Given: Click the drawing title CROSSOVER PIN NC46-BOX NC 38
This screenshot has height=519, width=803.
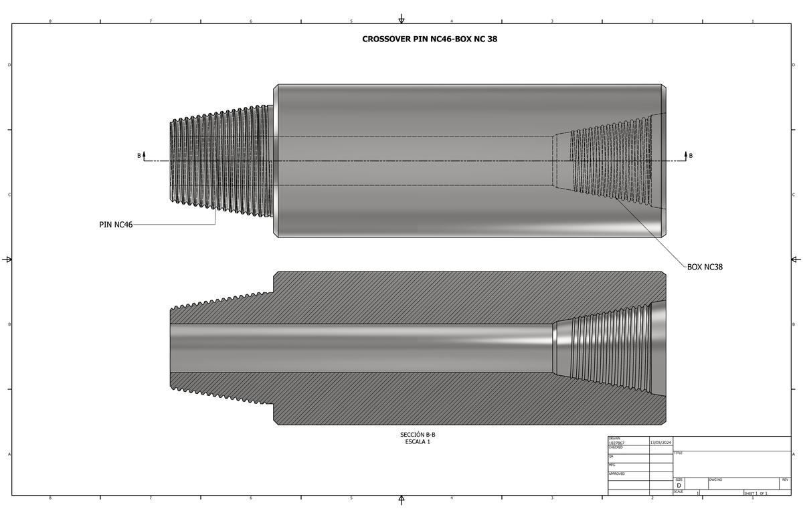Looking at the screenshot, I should pos(430,39).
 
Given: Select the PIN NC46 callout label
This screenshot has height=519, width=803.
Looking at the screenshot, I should pos(116,225).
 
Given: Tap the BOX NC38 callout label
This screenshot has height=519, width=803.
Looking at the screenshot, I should pos(705,267).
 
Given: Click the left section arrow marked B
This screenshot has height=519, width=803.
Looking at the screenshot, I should pos(142,156).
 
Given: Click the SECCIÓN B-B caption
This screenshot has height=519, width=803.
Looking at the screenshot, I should pos(418,435).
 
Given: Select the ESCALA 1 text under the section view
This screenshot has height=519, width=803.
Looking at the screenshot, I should pos(418,441).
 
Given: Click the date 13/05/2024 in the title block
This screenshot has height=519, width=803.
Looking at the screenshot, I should pos(661,443).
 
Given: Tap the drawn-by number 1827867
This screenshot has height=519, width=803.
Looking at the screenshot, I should pos(616,443).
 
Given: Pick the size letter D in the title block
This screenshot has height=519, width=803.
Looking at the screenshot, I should pos(679,486).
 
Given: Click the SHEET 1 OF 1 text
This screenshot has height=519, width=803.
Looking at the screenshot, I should pos(755,494).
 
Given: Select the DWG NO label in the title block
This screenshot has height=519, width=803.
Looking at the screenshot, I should pos(715,480).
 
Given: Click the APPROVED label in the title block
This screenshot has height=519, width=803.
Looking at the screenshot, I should pos(616,474).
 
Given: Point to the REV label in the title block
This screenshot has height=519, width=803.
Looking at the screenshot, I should pos(784,480).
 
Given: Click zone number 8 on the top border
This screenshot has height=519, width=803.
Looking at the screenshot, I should pos(50,21).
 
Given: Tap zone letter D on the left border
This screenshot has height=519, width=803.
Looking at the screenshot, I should pos(9,65).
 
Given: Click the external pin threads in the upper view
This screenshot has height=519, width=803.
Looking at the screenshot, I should pos(221,161).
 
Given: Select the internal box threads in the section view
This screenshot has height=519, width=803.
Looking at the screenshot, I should pos(602,348).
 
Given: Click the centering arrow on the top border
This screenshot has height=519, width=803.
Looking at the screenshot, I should pos(401,18).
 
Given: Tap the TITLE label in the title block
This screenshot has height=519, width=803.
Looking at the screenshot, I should pos(679,453).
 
